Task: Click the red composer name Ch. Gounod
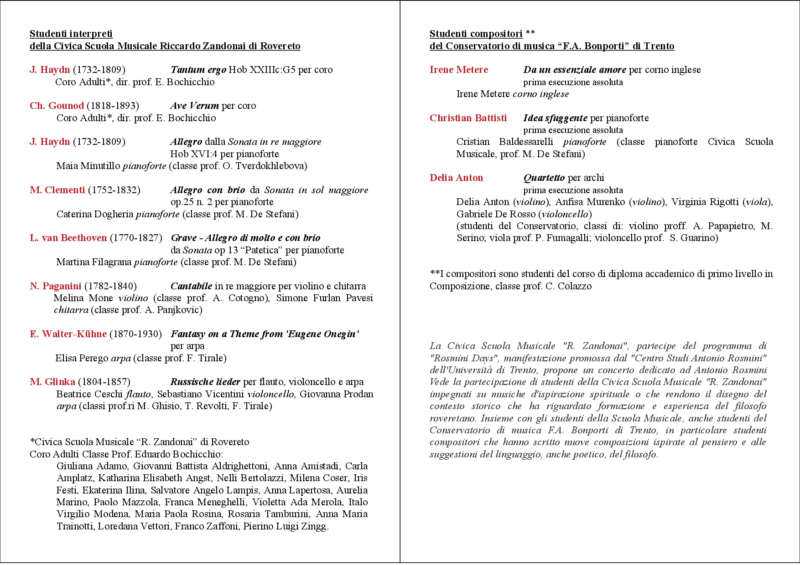point(57,106)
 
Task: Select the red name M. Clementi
point(57,190)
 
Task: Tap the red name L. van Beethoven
point(68,238)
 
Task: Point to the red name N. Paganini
point(56,286)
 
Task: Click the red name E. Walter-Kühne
point(68,334)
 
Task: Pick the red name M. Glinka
point(52,382)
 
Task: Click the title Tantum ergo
point(198,70)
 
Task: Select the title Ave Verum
point(194,106)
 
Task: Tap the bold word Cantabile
point(191,286)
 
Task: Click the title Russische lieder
point(205,382)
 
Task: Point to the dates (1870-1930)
point(135,334)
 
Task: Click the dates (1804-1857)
point(104,382)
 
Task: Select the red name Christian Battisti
point(468,118)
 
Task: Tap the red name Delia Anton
point(456,178)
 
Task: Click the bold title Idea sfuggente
point(555,118)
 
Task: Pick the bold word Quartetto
point(544,178)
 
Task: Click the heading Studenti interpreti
point(71,34)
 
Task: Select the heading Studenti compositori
point(476,34)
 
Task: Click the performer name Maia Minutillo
point(88,166)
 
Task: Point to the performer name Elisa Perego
point(82,358)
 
